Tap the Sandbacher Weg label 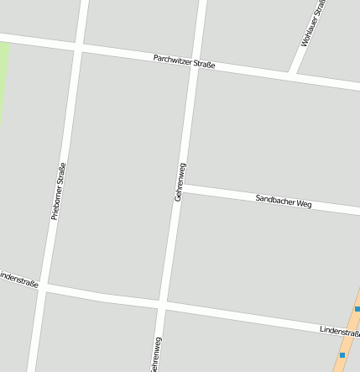pyautogui.click(x=283, y=200)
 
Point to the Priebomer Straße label pyautogui.click(x=58, y=191)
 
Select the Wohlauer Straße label pyautogui.click(x=311, y=24)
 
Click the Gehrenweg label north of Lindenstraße pyautogui.click(x=179, y=181)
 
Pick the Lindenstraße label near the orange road pyautogui.click(x=339, y=332)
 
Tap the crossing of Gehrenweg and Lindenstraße pyautogui.click(x=164, y=304)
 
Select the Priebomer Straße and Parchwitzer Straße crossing pyautogui.click(x=78, y=49)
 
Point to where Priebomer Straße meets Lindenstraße pyautogui.click(x=45, y=286)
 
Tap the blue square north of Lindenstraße pyautogui.click(x=357, y=309)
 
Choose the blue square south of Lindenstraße pyautogui.click(x=342, y=354)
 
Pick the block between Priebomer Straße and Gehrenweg pyautogui.click(x=117, y=176)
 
